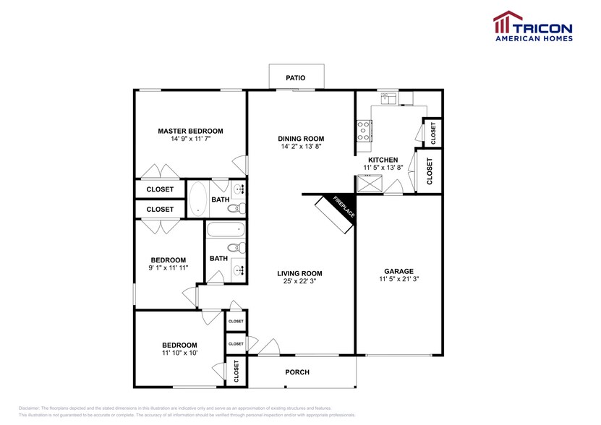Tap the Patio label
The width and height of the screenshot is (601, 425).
coord(295,77)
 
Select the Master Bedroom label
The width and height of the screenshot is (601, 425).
coord(190,131)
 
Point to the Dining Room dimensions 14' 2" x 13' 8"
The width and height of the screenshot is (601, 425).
coord(301,147)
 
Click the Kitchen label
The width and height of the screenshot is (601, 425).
coord(383,159)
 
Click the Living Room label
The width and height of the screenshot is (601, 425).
coord(299,273)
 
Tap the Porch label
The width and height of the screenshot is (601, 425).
coord(297,372)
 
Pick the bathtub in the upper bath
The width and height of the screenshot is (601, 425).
coord(197,198)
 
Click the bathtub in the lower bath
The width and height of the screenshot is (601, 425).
coord(226,231)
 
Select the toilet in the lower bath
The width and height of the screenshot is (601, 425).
coord(240,249)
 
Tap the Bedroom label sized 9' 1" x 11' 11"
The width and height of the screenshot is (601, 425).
coord(168,260)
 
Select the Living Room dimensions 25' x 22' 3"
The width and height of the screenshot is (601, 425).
coord(299,281)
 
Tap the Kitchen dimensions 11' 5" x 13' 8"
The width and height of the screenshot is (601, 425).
coord(383,167)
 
